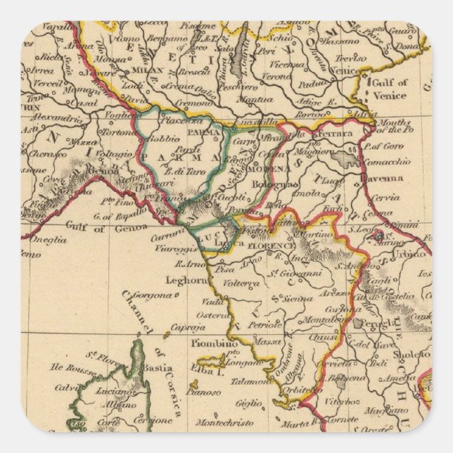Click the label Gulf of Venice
pos(389,89)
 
